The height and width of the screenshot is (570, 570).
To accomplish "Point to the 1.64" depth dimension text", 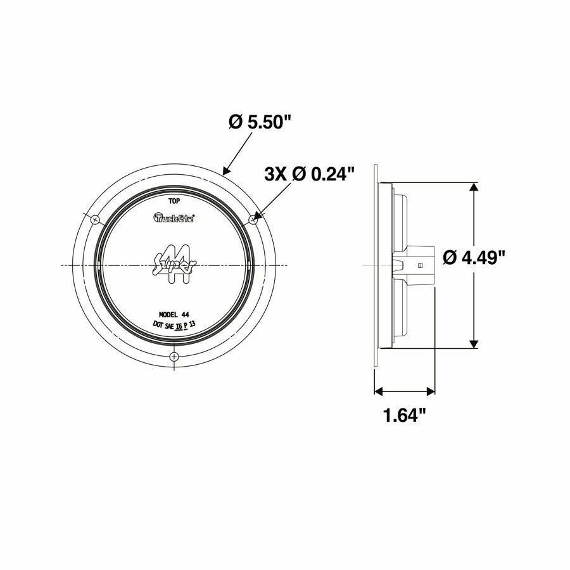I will [x=403, y=416].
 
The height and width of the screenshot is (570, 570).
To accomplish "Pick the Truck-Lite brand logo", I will [x=174, y=218].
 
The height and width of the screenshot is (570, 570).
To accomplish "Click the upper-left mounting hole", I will [x=94, y=220].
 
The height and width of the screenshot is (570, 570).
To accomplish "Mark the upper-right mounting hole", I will [x=253, y=219].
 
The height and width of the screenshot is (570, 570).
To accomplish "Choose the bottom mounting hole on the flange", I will [x=174, y=357].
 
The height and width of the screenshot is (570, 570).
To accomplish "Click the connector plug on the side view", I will [x=418, y=265].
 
